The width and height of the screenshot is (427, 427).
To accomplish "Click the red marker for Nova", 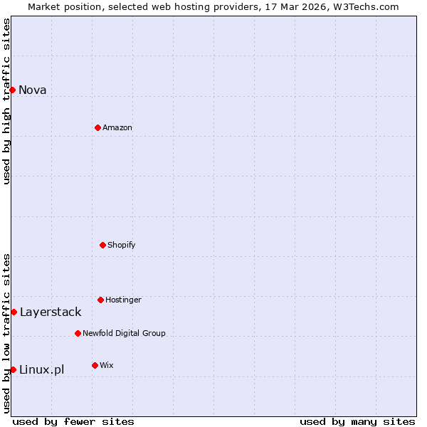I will pos(12,90).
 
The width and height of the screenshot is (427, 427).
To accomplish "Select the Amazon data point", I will pos(97,127).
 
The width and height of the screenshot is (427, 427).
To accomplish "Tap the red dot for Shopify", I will pos(102,245).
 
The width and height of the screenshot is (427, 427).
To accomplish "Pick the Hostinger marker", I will pos(100,300).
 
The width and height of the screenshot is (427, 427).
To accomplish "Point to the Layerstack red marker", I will pos(14,312).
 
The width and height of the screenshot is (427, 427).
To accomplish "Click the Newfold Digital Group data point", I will pos(78,333).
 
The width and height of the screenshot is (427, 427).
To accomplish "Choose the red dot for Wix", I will pos(95,365).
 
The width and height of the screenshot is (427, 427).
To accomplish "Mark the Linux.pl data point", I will pos(13,369).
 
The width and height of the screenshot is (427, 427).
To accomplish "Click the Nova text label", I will pos(32,90).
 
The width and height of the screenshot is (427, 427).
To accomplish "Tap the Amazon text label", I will pos(117,127).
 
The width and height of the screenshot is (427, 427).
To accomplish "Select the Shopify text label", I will pos(122,245).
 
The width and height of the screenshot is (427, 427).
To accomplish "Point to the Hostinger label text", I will pos(123,300).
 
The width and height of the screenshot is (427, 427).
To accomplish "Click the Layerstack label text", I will pos(51,312).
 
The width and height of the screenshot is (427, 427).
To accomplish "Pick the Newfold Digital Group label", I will pos(124,333).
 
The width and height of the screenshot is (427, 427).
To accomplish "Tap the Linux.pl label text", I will pos(41,369).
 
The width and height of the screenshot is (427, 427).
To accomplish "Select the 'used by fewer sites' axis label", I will pos(73,421).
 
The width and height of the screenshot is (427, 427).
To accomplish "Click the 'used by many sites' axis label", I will pos(357,421).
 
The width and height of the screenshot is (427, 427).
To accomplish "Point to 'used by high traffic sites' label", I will pos(6,101).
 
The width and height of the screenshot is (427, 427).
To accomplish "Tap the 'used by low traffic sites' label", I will pos(6,333).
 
